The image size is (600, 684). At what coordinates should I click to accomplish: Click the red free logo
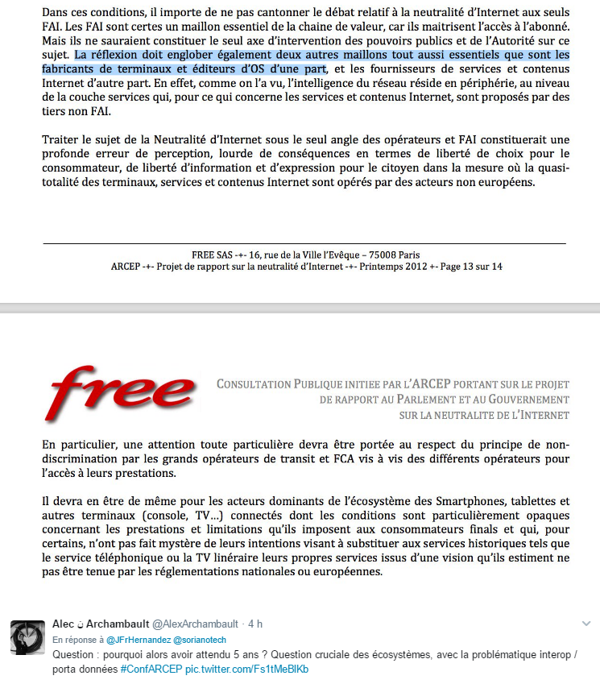pos(122,395)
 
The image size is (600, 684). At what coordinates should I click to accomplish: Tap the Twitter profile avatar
pos(27,638)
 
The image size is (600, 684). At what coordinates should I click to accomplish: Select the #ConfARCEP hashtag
pos(151,669)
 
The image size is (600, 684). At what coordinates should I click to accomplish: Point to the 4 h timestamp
pos(255,624)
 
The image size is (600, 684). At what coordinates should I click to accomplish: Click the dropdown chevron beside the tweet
pos(586,624)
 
